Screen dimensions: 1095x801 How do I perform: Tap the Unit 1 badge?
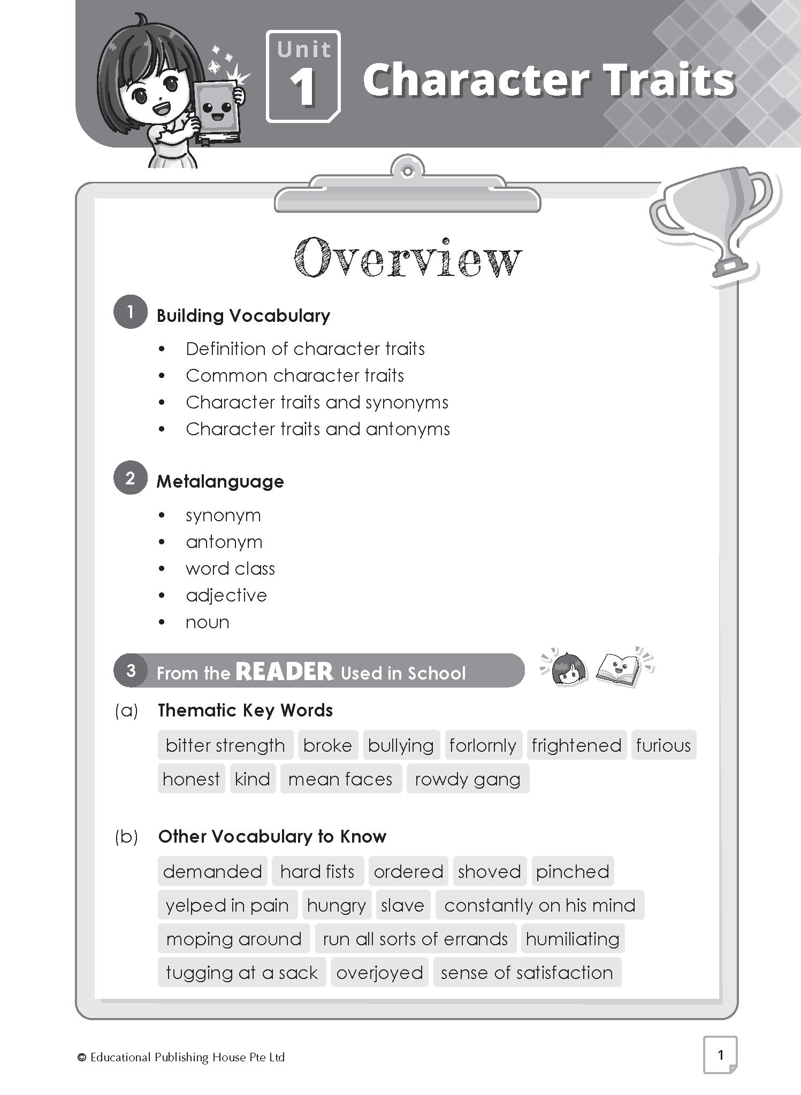(x=303, y=76)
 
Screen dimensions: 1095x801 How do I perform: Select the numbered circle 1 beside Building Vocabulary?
(x=130, y=312)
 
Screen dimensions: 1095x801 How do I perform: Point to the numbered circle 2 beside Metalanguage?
(x=130, y=477)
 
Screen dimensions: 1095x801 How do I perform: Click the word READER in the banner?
(x=284, y=672)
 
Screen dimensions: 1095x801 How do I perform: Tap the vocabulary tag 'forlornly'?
(x=483, y=745)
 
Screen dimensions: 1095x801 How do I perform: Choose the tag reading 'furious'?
(x=663, y=745)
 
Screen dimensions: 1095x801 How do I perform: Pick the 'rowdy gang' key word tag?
(x=468, y=779)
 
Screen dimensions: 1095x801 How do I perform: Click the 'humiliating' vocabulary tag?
(x=573, y=939)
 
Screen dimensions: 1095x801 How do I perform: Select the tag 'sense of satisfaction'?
(x=527, y=973)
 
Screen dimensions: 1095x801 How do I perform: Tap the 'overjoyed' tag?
(x=379, y=973)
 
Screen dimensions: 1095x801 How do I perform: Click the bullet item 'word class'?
(x=230, y=568)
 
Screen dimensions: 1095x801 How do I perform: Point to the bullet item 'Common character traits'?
(x=295, y=375)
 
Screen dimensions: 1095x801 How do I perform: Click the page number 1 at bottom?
(x=720, y=1054)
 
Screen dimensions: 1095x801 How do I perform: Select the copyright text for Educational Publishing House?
(x=182, y=1057)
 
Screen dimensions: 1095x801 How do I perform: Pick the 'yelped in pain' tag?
(x=227, y=905)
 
